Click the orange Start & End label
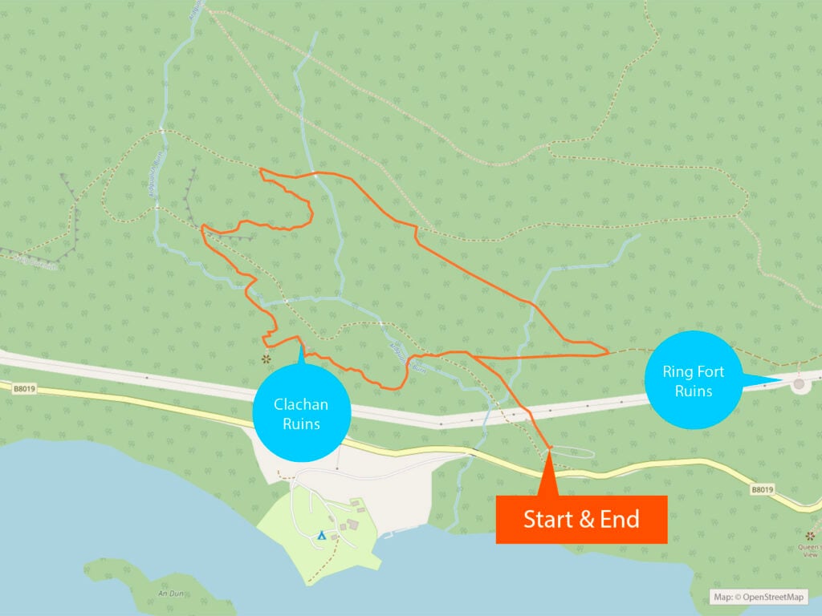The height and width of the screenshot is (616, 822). tap(581, 519)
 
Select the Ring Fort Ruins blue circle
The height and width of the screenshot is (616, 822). tap(693, 381)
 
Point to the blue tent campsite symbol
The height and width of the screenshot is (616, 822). tap(321, 533)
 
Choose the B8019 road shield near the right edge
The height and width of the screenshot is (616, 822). tap(762, 488)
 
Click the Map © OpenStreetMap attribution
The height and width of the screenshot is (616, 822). tap(759, 597)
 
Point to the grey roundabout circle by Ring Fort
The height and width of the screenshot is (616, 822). tap(799, 384)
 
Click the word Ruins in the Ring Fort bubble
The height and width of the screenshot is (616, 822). tap(693, 391)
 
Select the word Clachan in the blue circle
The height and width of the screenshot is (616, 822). tap(301, 404)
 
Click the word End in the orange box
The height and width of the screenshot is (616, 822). tap(621, 519)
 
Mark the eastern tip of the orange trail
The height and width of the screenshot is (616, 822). tap(607, 351)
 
